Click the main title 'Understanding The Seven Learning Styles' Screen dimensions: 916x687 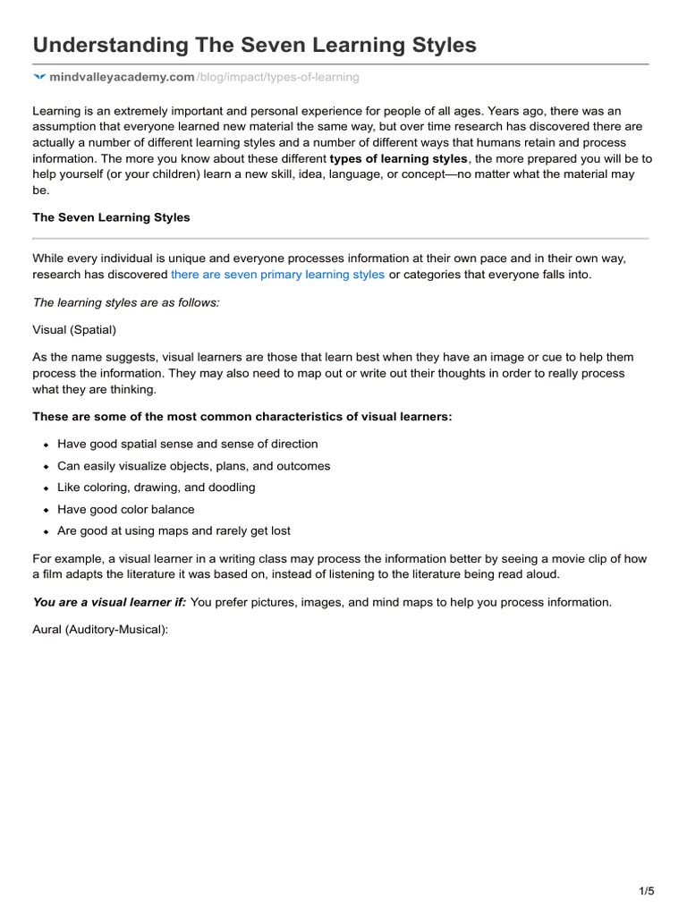click(254, 45)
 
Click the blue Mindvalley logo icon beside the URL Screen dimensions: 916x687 click(39, 78)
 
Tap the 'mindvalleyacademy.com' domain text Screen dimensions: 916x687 click(122, 78)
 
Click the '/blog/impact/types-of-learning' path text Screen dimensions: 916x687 click(277, 78)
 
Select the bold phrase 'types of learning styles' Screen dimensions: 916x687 click(398, 158)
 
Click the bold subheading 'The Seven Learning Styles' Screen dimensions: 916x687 click(111, 217)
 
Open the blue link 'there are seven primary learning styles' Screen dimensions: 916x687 click(277, 275)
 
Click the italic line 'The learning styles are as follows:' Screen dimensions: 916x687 click(126, 303)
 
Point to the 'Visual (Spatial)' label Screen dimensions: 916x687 click(74, 330)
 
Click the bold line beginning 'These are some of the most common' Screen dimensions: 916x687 click(242, 416)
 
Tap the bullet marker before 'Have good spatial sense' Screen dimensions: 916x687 click(45, 445)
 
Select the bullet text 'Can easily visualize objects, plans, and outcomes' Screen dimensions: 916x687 click(193, 466)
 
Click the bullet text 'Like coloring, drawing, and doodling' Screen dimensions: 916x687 click(156, 488)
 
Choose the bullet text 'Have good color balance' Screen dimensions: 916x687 click(125, 509)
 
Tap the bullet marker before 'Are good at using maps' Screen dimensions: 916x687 click(45, 531)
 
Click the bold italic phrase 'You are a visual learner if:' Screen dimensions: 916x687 click(109, 602)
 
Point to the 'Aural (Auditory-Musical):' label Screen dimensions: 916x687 click(100, 630)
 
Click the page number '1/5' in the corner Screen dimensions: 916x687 click(647, 891)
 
